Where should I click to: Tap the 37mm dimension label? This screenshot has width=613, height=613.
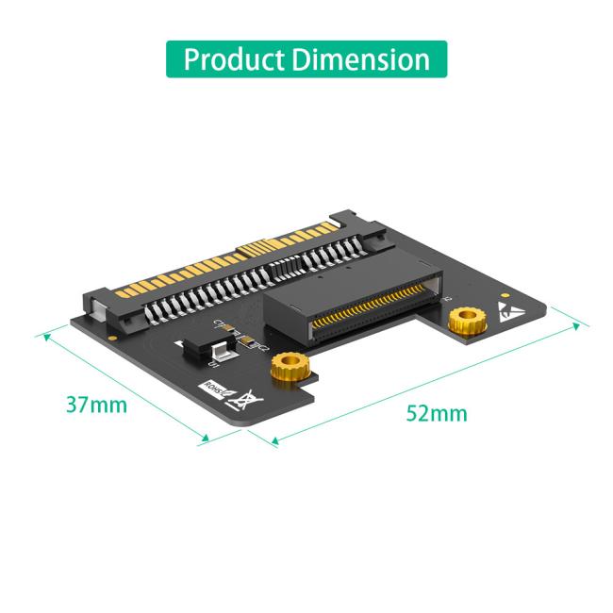point(96,405)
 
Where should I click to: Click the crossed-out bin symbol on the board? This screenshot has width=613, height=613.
point(247,402)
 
